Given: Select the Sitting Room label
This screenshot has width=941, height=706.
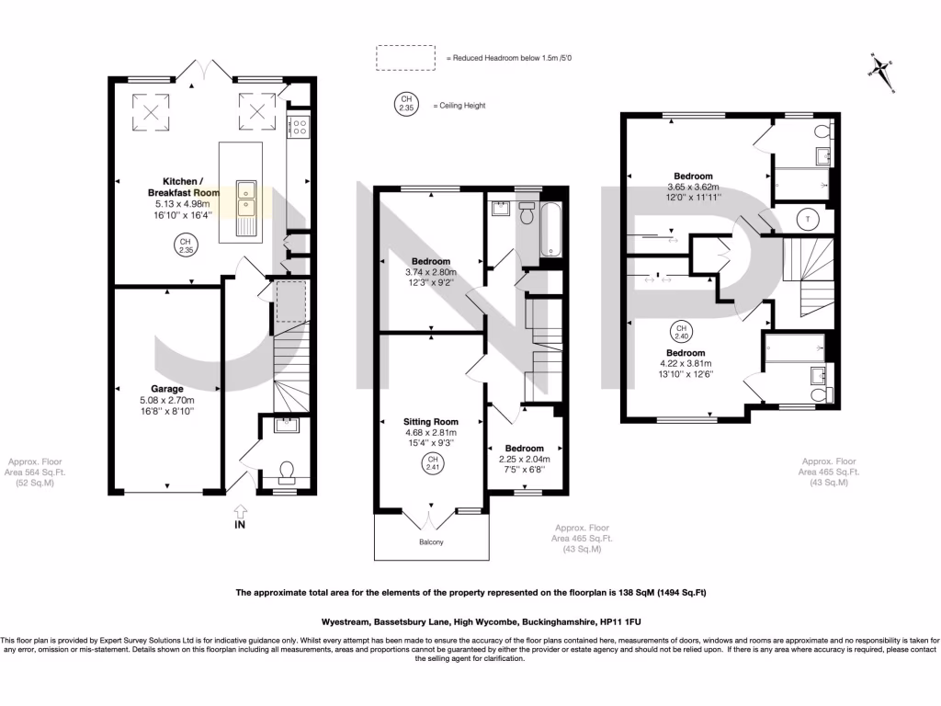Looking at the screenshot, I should pos(430,421).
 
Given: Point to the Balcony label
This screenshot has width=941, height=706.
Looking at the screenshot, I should pos(431,543).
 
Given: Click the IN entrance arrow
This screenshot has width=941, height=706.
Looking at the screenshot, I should pos(241,516).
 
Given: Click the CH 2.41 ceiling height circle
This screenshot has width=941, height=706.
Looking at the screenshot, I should pos(430,464).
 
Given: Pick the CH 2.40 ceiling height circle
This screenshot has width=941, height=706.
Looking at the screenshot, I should pos(681,332).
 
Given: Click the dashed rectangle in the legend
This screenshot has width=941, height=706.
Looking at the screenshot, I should pos(404,57).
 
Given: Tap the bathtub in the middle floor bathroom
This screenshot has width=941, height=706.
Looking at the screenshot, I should pos(550,228).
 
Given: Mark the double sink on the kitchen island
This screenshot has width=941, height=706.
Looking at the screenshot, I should pos(245,207).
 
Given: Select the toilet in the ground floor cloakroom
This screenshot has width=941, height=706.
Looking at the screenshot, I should pos(286,472).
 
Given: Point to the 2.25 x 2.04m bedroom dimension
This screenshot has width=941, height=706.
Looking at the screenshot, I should pos(524,459).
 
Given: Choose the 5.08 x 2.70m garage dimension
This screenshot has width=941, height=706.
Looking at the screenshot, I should pos(165,400).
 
